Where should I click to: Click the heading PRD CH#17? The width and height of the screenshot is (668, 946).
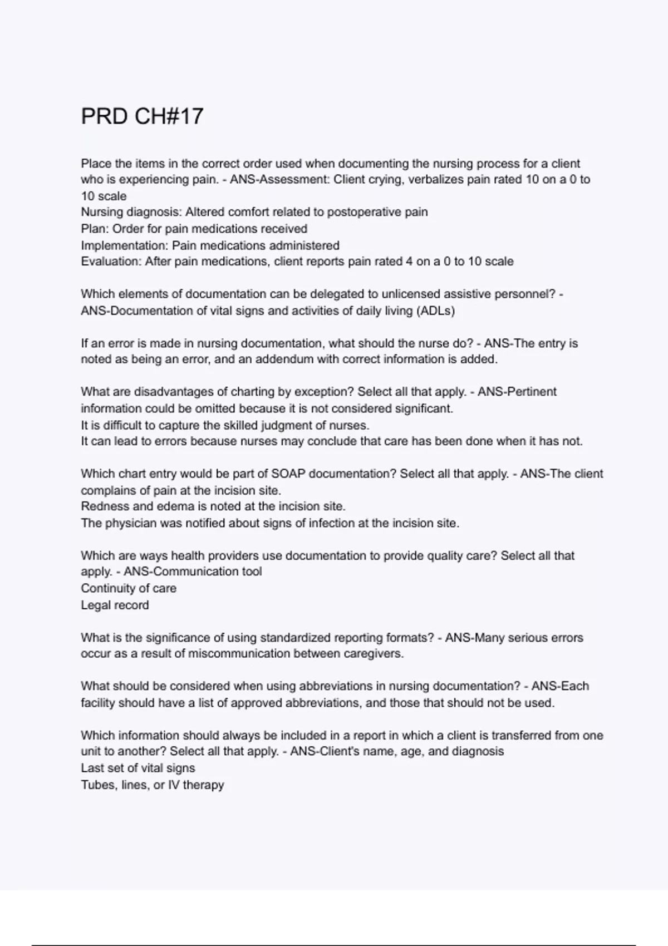(142, 117)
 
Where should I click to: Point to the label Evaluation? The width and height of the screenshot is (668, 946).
(111, 262)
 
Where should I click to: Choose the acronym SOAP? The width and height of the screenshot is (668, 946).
(288, 474)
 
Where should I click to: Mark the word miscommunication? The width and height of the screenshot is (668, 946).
(239, 654)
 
